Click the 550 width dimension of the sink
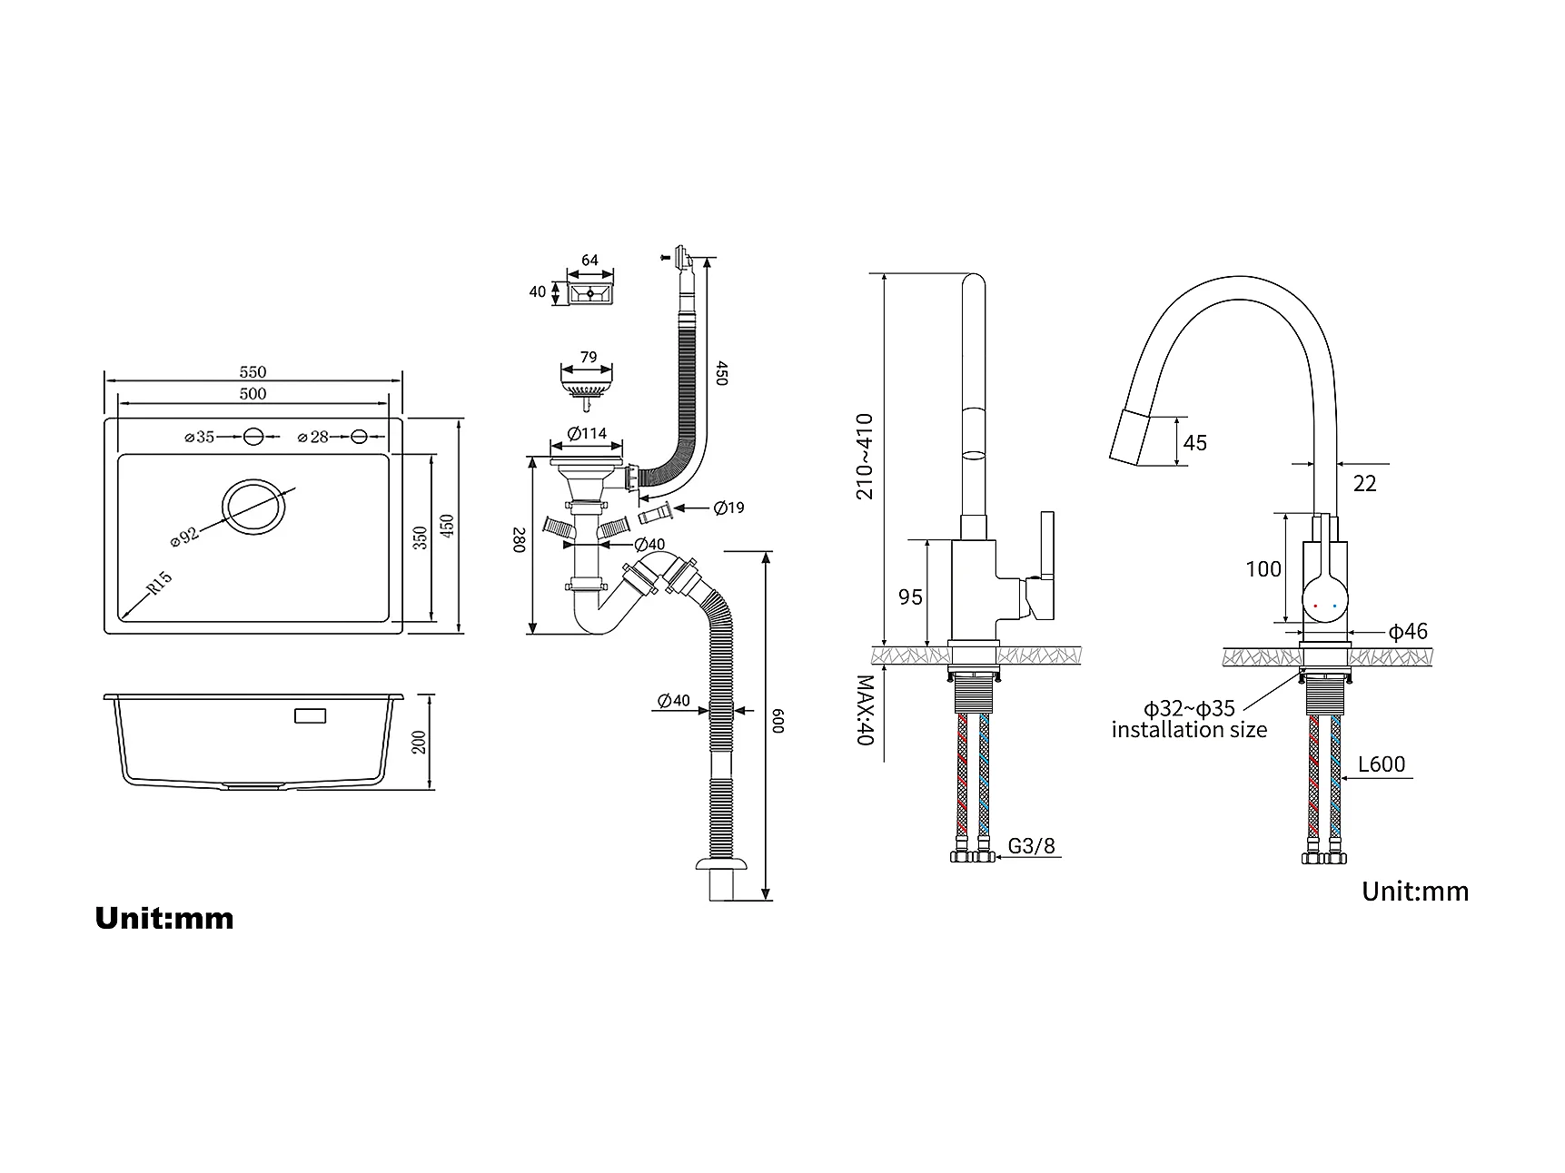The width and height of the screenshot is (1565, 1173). (253, 371)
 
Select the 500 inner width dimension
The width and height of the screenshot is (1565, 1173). (253, 393)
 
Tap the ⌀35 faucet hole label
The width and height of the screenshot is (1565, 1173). (200, 437)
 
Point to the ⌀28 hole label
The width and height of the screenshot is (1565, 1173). (313, 437)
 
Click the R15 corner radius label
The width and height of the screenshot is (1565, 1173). (159, 583)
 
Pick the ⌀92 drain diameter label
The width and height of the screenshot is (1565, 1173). (184, 536)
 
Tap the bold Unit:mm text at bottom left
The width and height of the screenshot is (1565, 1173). (164, 919)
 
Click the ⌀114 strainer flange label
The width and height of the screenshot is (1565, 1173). (588, 433)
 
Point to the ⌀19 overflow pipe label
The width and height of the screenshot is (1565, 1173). (729, 508)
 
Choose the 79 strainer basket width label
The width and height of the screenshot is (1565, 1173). (589, 357)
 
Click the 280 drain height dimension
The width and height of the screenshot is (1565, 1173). (520, 541)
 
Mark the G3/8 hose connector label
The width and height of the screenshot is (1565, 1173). (1032, 846)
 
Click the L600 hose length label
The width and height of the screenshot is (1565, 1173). (1382, 764)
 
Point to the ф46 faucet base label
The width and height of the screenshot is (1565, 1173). (1408, 632)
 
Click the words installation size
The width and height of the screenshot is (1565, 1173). (1189, 729)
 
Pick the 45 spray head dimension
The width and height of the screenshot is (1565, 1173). (1195, 442)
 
